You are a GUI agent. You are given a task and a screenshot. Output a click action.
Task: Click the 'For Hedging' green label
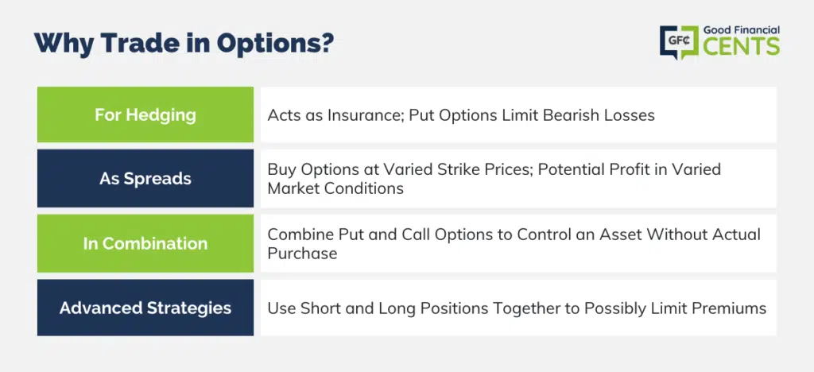pyautogui.click(x=145, y=114)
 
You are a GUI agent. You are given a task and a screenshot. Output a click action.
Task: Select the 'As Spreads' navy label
pyautogui.click(x=145, y=179)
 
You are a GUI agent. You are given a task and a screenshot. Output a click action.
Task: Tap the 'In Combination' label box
pyautogui.click(x=145, y=243)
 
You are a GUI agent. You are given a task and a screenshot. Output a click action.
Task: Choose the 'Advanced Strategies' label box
pyautogui.click(x=145, y=308)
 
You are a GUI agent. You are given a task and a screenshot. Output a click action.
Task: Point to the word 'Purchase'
pyautogui.click(x=302, y=254)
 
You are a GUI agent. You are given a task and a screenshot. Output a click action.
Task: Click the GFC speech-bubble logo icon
pyautogui.click(x=679, y=41)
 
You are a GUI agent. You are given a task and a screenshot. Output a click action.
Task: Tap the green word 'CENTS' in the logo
pyautogui.click(x=742, y=46)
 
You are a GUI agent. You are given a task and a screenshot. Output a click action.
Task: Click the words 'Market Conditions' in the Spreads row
pyautogui.click(x=335, y=188)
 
